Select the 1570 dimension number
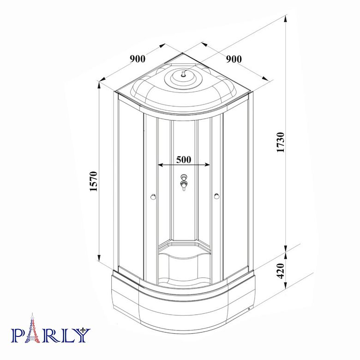pyautogui.click(x=93, y=181)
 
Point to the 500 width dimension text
pyautogui.click(x=184, y=159)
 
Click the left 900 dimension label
pyautogui.click(x=138, y=59)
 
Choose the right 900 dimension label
pyautogui.click(x=234, y=59)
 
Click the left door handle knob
pyautogui.click(x=153, y=198)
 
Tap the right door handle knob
pyautogui.click(x=216, y=198)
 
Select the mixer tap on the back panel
pyautogui.click(x=184, y=182)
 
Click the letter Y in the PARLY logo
pyautogui.click(x=81, y=335)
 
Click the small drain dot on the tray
pyautogui.click(x=249, y=309)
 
